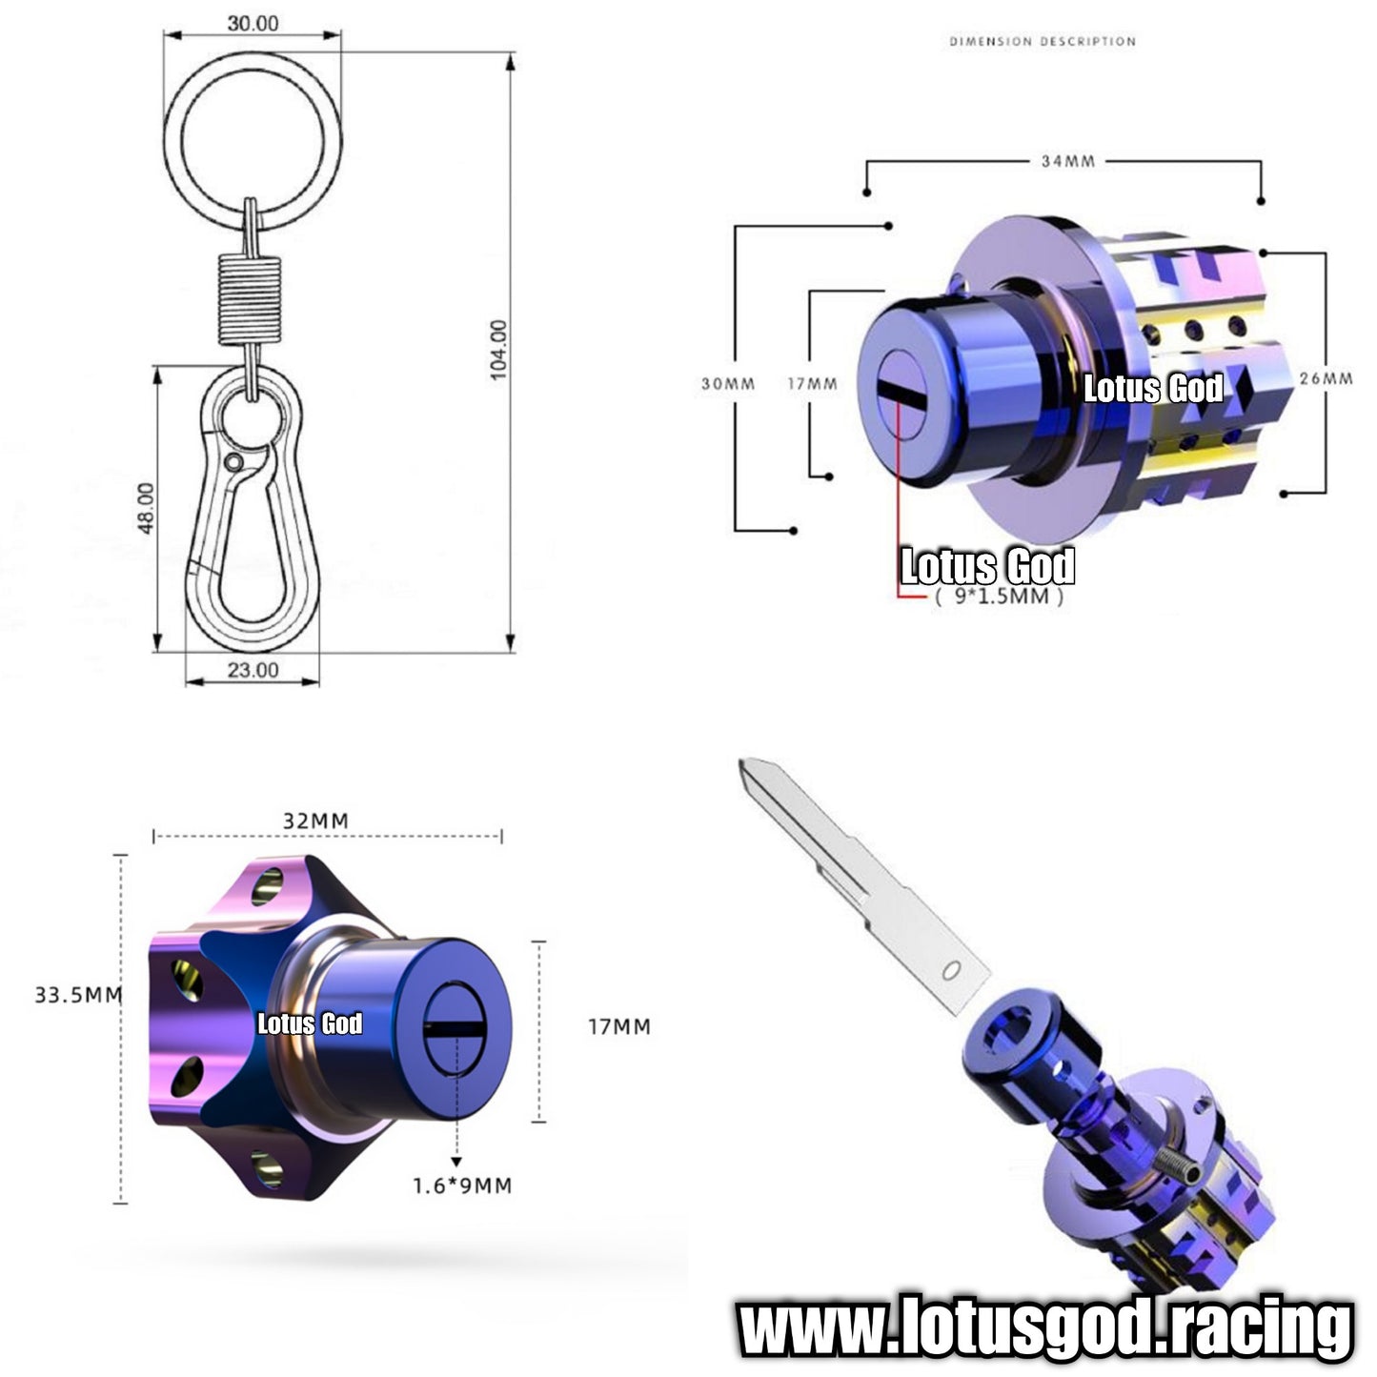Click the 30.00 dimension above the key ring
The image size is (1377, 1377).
(x=253, y=24)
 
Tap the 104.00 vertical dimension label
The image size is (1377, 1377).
(x=498, y=350)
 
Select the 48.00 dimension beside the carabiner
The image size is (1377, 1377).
(x=146, y=508)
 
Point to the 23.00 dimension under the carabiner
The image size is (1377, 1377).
(x=253, y=670)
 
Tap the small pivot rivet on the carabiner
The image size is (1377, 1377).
(x=233, y=461)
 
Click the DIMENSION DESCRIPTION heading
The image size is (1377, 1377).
(x=1042, y=41)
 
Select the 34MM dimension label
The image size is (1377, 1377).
(x=1067, y=161)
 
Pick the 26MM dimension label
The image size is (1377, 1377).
(x=1326, y=378)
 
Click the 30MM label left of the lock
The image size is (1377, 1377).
(x=727, y=384)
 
